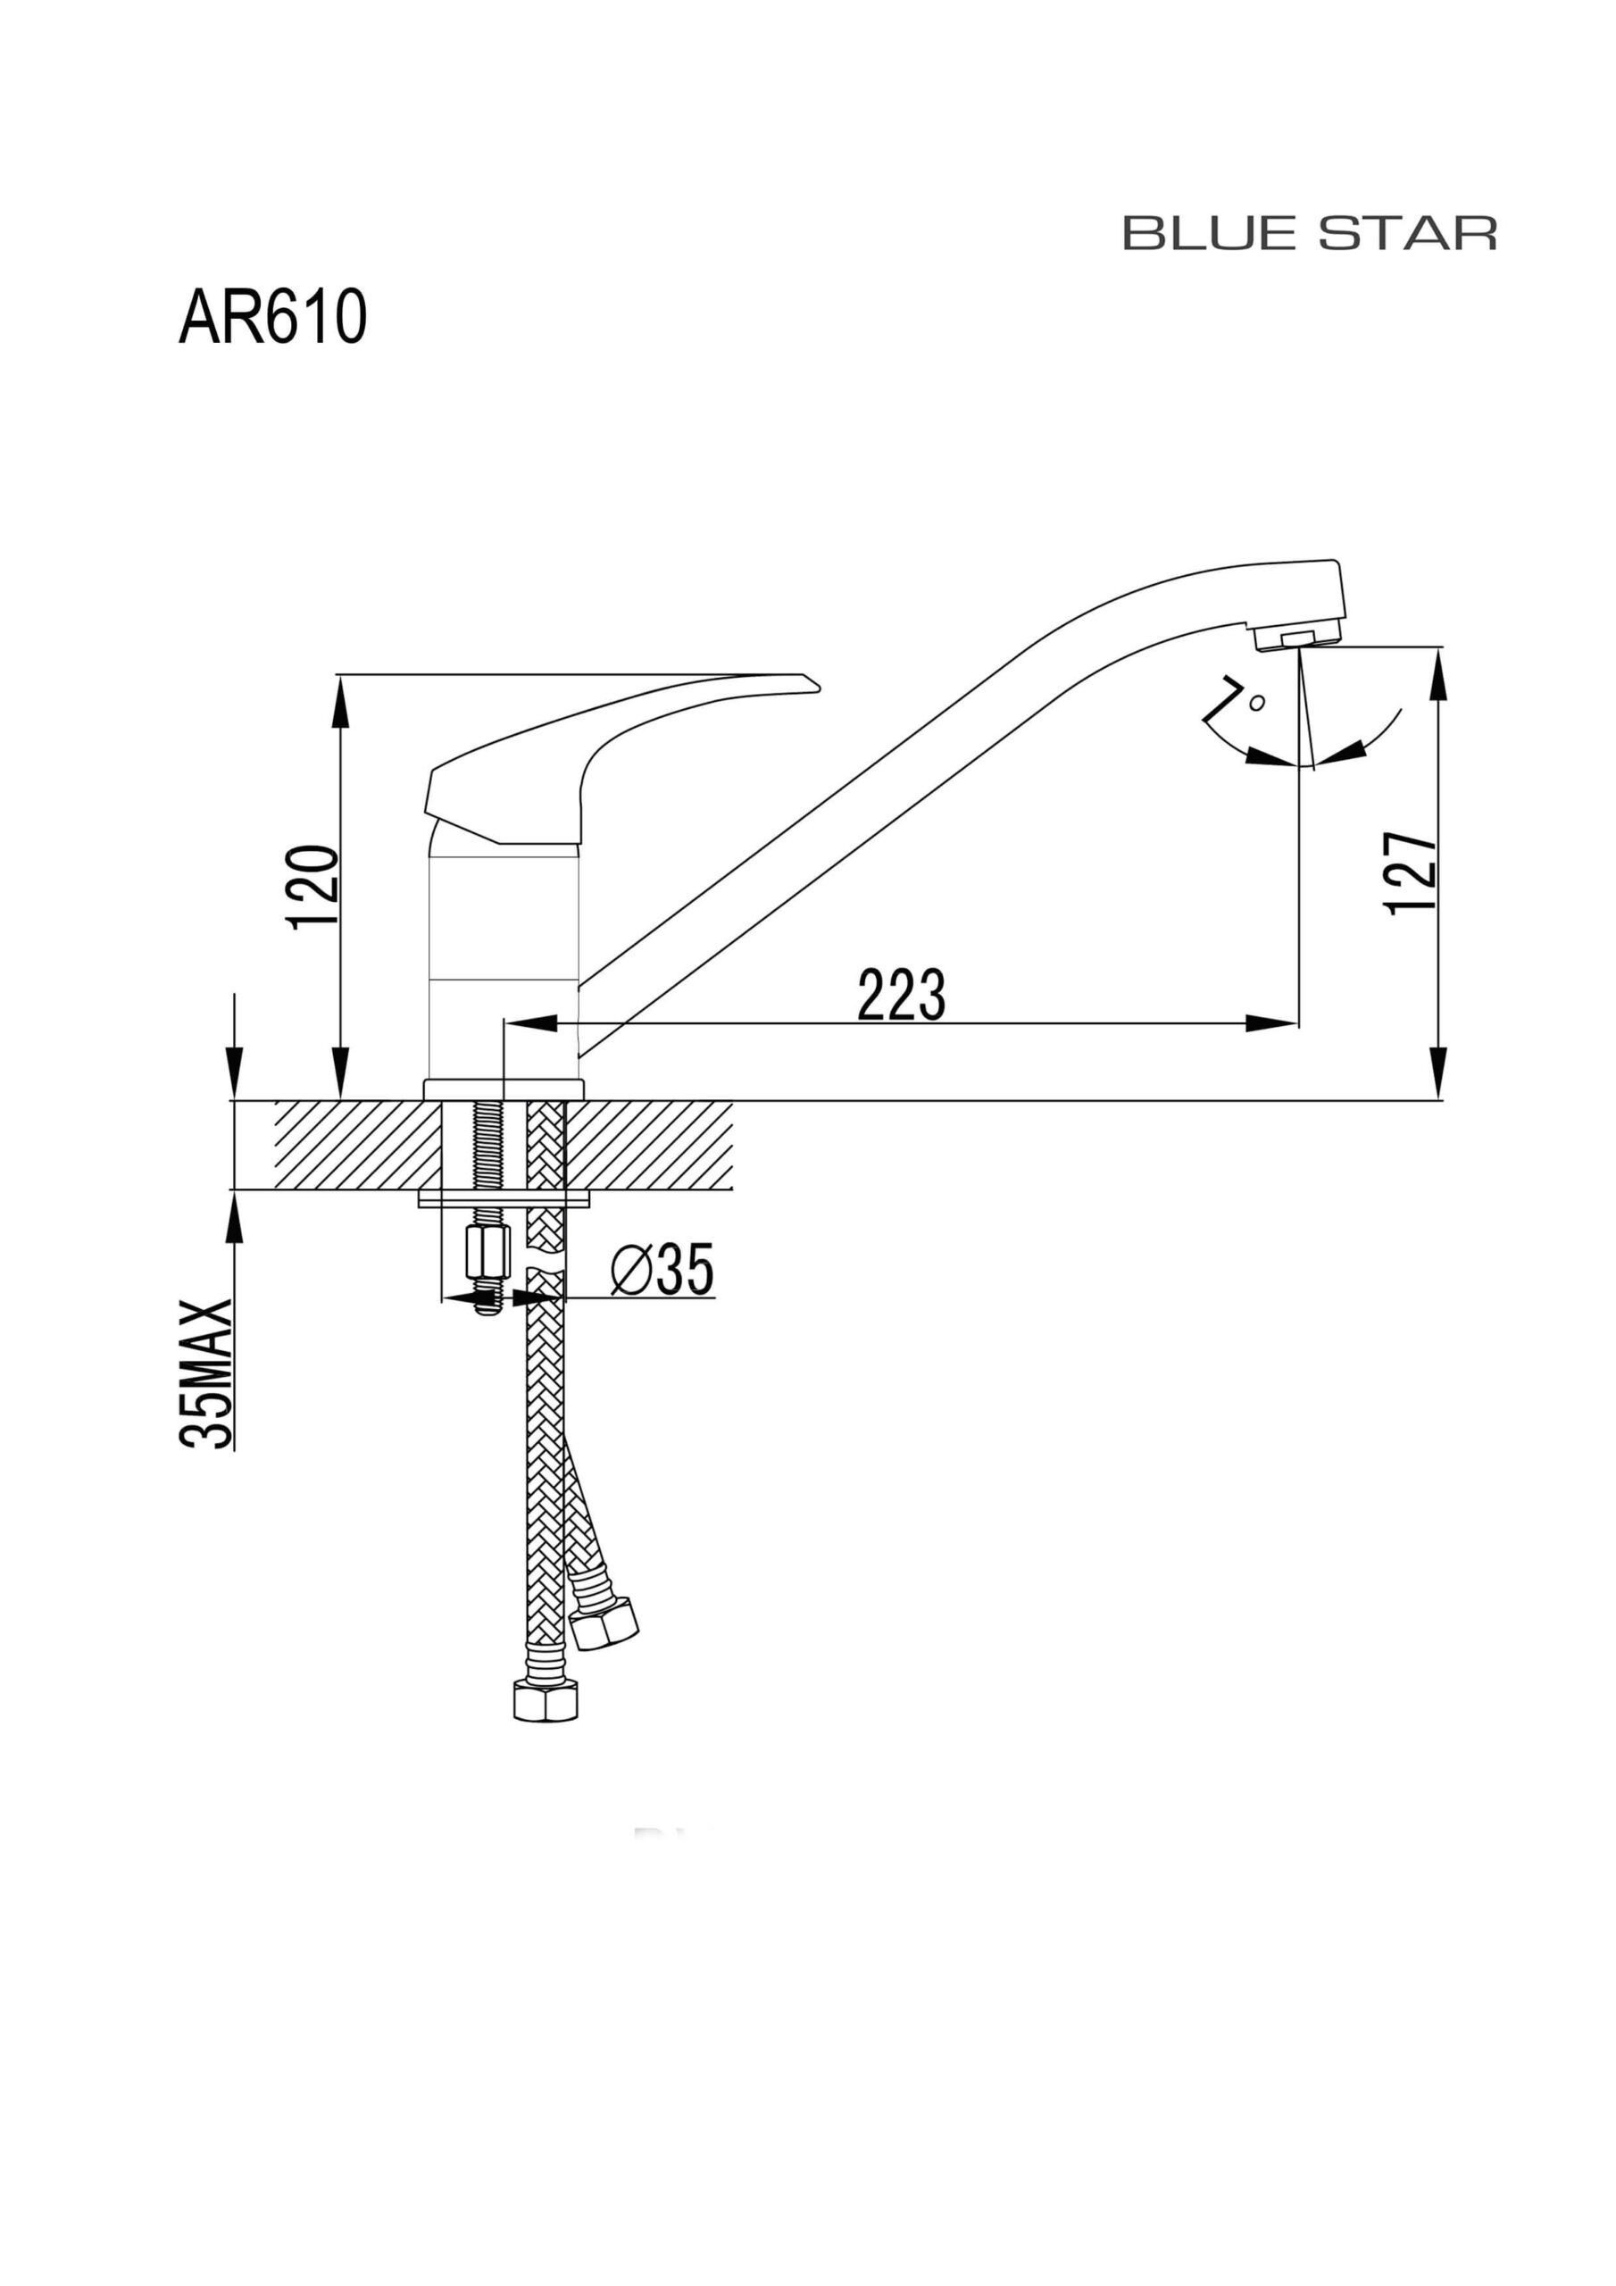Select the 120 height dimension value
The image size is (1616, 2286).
click(312, 887)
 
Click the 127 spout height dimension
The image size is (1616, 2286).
click(1411, 872)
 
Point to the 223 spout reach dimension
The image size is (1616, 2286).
click(901, 995)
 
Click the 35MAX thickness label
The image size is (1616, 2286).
click(207, 1373)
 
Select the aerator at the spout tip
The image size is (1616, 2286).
click(1298, 638)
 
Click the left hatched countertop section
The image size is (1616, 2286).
click(354, 1145)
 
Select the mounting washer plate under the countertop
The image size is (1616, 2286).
click(504, 1197)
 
